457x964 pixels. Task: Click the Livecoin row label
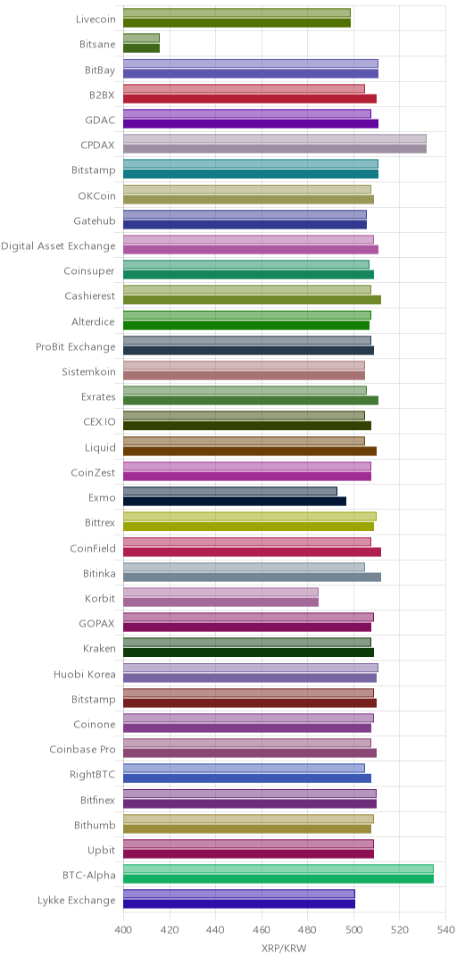(96, 19)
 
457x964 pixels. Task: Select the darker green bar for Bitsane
(141, 48)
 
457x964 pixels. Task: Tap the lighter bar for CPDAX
(275, 139)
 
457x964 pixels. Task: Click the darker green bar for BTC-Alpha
(278, 879)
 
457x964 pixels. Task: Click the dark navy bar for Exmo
(235, 502)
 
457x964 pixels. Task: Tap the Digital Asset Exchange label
(58, 246)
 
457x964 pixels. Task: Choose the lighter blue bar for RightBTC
(245, 768)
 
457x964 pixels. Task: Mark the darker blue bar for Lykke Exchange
(239, 904)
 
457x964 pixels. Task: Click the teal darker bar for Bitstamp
(251, 175)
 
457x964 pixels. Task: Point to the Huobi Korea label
(84, 674)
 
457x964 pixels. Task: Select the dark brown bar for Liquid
(250, 452)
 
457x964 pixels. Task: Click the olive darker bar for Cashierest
(253, 300)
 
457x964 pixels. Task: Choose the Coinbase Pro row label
(82, 750)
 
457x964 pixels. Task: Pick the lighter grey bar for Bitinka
(245, 567)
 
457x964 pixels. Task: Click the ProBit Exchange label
(76, 346)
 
